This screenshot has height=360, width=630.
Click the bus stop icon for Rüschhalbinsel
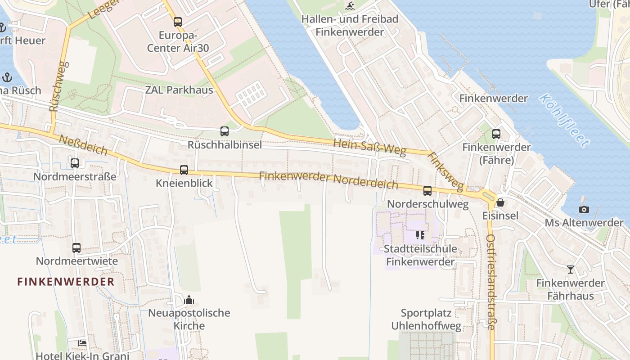pos(224,131)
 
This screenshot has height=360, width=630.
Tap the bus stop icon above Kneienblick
pos(184,170)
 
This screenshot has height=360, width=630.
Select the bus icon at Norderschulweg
pos(427,191)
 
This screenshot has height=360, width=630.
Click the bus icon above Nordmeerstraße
pos(75,163)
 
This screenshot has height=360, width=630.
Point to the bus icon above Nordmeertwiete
pos(76,247)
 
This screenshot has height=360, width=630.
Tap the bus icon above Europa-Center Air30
pos(178,22)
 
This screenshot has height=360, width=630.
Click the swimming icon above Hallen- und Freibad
pos(350,6)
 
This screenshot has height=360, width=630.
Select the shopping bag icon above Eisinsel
pos(500,202)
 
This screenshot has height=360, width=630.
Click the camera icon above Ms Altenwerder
pos(584,209)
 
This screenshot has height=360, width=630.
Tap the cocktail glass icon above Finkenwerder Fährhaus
pos(571,270)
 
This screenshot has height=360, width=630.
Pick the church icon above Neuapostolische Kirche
pos(189,299)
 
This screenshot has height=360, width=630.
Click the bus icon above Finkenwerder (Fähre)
pos(496,134)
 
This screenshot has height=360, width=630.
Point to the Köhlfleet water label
pos(564,121)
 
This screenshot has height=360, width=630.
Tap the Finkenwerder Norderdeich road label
pos(328,180)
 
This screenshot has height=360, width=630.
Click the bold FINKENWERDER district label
pos(66,282)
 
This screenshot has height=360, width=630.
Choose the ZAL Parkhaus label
pos(179,90)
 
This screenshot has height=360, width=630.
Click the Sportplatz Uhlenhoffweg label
pos(426,319)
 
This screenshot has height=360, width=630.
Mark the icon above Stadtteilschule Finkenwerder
pos(420,235)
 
